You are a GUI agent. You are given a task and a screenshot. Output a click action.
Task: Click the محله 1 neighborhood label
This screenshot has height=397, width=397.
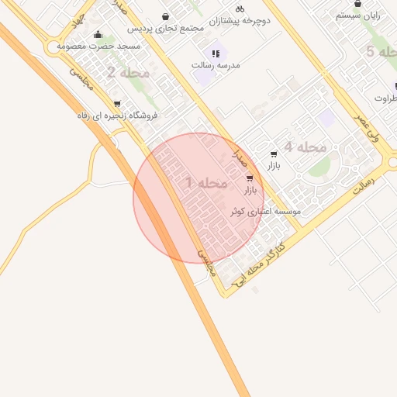point(207,183)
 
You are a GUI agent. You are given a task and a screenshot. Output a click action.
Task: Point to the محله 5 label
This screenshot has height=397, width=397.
point(381,52)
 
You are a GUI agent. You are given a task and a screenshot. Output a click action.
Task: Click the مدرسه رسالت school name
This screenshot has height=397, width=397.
point(216,66)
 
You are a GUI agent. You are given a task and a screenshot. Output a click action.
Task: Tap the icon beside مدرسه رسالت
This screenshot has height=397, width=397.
point(216,54)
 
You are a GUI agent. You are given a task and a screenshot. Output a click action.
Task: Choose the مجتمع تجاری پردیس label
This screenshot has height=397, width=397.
point(164,28)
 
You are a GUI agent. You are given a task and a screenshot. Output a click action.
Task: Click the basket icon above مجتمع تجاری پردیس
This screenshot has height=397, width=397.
point(165,16)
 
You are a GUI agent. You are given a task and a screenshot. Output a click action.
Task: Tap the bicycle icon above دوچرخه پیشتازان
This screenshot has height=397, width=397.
point(240,9)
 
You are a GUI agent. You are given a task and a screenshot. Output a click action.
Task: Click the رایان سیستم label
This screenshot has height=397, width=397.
point(357,15)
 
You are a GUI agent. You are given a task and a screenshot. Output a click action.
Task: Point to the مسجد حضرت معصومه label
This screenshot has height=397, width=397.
point(97,47)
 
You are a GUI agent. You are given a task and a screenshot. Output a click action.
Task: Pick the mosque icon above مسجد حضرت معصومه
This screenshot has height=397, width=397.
point(98,34)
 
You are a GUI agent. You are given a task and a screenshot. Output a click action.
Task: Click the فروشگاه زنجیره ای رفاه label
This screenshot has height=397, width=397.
point(116,115)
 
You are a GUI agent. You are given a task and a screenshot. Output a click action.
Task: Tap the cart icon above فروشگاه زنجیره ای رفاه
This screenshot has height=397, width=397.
point(117,103)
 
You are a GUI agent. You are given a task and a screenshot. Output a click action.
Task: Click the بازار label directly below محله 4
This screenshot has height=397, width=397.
point(273,166)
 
